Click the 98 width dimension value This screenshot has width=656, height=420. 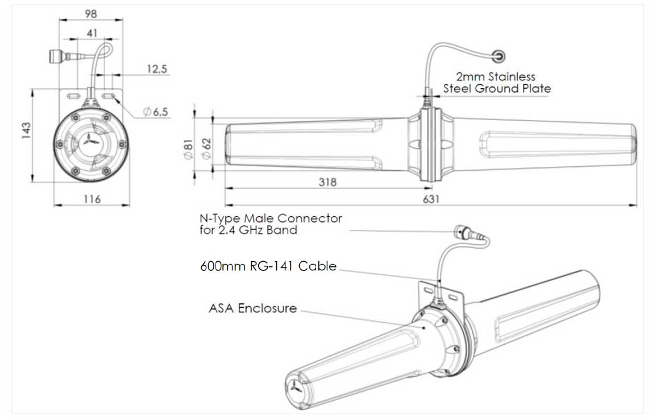[x=90, y=13]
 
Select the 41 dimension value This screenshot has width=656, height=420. [x=92, y=34]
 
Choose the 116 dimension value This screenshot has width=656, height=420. [x=92, y=199]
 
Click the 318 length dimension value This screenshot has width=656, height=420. [x=327, y=182]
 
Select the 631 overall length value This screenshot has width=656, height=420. [x=430, y=199]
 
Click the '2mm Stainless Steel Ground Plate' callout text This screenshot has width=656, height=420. [x=497, y=83]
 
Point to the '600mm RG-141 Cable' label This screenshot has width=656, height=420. [x=268, y=266]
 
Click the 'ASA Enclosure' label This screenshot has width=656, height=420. [x=253, y=308]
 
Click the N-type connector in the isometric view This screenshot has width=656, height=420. [x=462, y=232]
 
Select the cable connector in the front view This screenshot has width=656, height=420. [x=56, y=56]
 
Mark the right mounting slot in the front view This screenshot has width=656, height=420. [x=111, y=96]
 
